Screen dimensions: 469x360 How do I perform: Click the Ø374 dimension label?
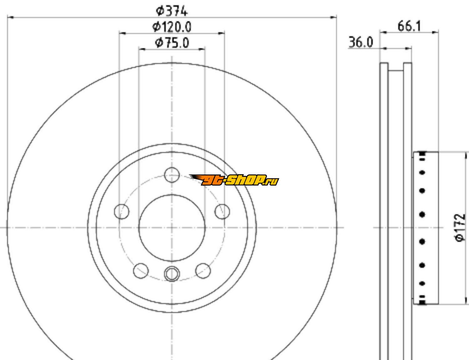(x=172, y=11)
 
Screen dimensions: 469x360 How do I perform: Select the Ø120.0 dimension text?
(x=172, y=27)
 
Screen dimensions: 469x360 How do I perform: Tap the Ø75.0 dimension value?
(x=172, y=43)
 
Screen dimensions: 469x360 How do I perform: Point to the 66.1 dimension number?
(x=409, y=26)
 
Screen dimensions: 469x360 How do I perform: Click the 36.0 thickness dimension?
(x=361, y=42)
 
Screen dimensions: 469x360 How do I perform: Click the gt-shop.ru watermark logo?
(x=234, y=180)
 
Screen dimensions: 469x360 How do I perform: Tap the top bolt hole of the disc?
(x=172, y=175)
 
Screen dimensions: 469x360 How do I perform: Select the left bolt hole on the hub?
(x=122, y=211)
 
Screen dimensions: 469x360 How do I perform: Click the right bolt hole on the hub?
(x=222, y=211)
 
